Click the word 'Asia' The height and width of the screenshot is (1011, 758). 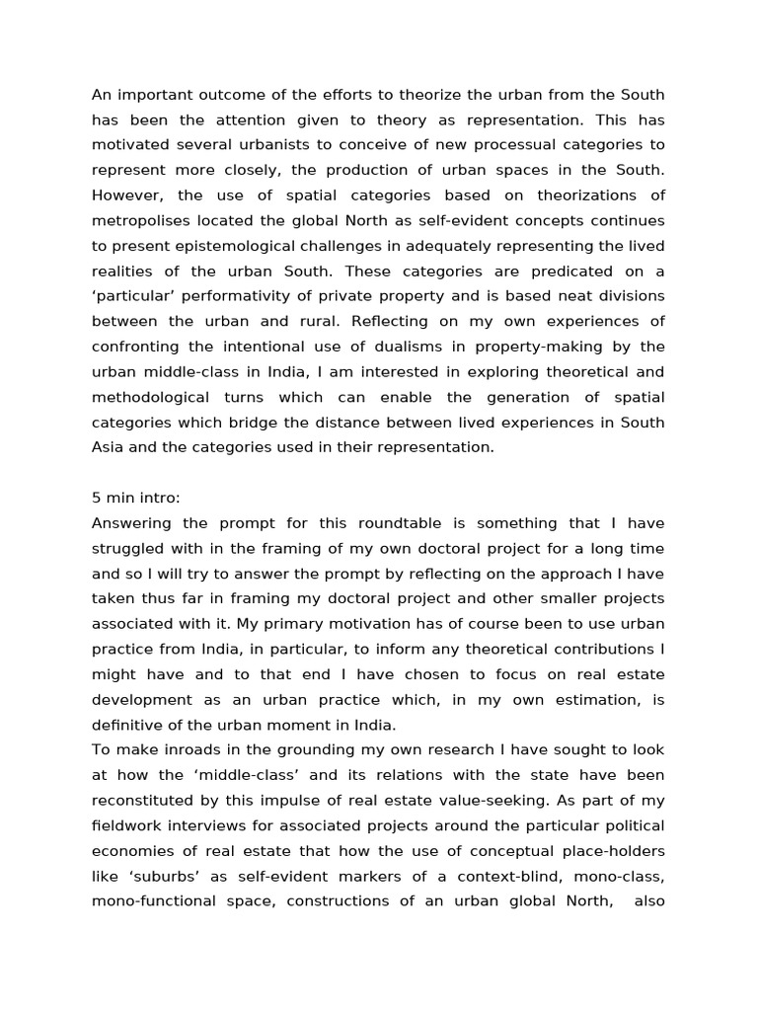tap(109, 448)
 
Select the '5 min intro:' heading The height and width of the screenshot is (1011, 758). tap(135, 499)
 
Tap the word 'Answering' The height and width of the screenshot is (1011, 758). tap(132, 523)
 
